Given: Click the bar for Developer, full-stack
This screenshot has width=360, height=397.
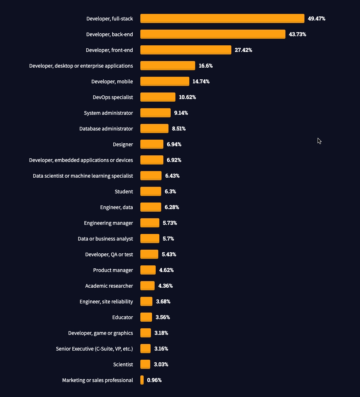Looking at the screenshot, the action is [x=222, y=19].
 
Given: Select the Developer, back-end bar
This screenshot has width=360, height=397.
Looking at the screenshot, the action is [x=213, y=34].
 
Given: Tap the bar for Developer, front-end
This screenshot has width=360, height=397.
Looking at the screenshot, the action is [x=186, y=50].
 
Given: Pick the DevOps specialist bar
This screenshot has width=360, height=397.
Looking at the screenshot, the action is [x=158, y=97].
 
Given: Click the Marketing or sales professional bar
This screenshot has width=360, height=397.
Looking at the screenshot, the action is [x=142, y=380].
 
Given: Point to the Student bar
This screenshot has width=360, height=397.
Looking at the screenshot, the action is [x=151, y=192].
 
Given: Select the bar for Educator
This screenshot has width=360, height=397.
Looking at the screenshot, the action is [x=146, y=317].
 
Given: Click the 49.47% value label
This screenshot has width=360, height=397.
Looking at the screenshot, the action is [x=317, y=19].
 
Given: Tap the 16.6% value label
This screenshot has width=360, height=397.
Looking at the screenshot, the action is [x=205, y=66].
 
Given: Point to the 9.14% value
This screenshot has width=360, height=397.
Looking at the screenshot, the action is [x=181, y=113].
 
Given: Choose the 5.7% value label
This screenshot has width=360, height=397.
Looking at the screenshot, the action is [x=168, y=239].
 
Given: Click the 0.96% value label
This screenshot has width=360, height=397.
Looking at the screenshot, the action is [x=154, y=380].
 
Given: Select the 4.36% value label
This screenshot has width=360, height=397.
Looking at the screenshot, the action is [x=165, y=286].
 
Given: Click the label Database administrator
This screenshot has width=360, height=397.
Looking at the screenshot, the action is [x=106, y=129].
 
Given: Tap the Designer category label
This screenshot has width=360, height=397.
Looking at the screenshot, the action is [x=123, y=144].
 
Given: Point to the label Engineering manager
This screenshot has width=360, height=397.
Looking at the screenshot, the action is [x=108, y=223].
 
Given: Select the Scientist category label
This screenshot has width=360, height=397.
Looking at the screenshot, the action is [x=123, y=364].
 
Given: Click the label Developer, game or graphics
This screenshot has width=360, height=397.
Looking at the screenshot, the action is [x=101, y=333].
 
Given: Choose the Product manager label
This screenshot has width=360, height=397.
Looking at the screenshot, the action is [x=113, y=270].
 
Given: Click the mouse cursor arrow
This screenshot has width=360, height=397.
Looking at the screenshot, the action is [x=319, y=141].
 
